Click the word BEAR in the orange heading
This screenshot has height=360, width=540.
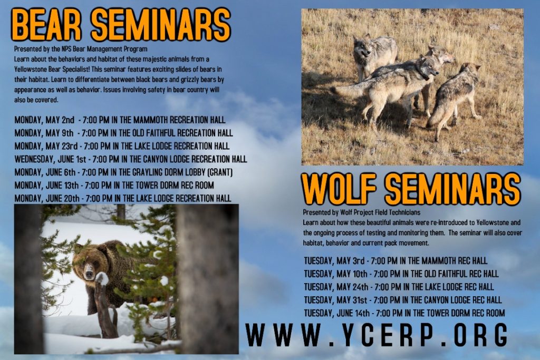click(47, 25)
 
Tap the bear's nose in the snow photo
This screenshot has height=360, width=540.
click(89, 274)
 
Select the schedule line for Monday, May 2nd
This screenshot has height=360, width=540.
click(120, 120)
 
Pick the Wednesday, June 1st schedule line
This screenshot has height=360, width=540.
click(131, 159)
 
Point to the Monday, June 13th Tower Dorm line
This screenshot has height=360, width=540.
click(114, 185)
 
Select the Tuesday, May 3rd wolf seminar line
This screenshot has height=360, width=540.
click(396, 260)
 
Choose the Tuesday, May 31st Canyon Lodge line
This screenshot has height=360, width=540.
click(402, 300)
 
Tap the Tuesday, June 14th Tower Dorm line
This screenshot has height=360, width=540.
click(404, 313)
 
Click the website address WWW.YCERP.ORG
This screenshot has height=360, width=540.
click(377, 335)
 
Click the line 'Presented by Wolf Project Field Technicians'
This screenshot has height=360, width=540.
click(362, 212)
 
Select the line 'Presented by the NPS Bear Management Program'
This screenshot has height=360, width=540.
click(81, 49)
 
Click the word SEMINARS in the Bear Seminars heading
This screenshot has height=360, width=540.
click(161, 25)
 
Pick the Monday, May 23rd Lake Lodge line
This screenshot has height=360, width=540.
click(122, 146)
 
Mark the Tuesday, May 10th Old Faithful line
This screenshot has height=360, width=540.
click(401, 274)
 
